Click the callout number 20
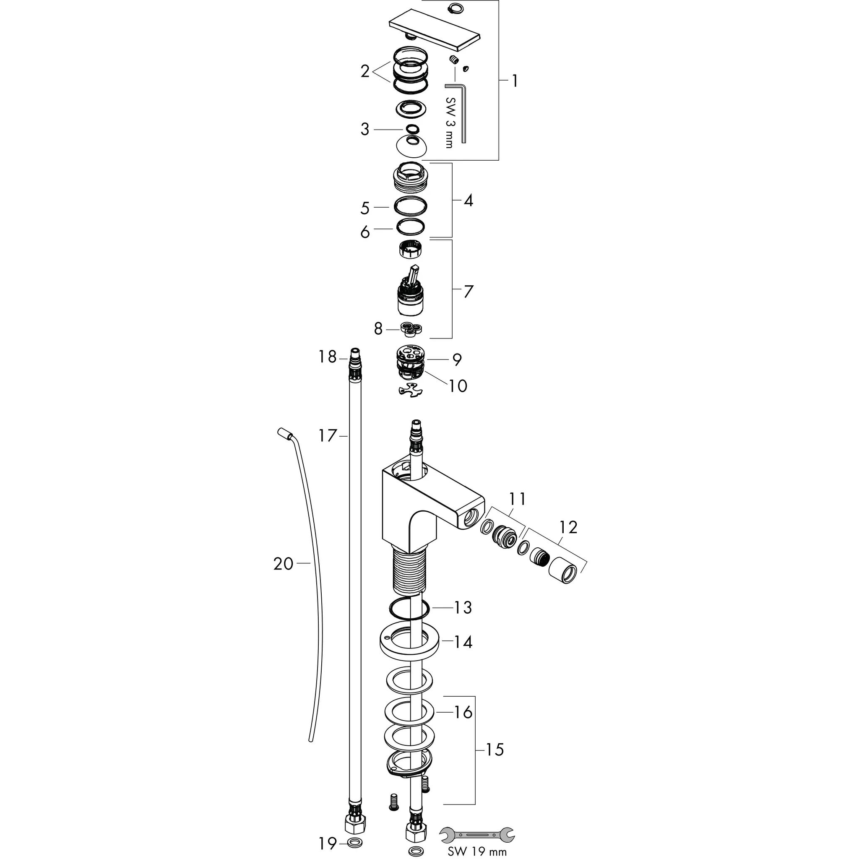283,564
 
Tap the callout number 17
328,435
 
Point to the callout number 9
457,359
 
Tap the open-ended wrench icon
476,834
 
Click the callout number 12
568,527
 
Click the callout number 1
514,81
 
